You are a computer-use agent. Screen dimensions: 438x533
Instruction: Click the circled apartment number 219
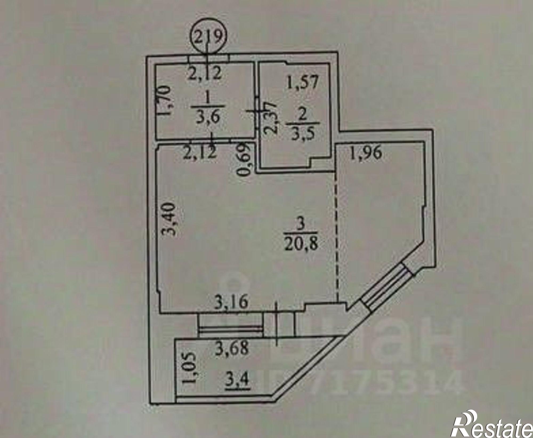tap(208, 37)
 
